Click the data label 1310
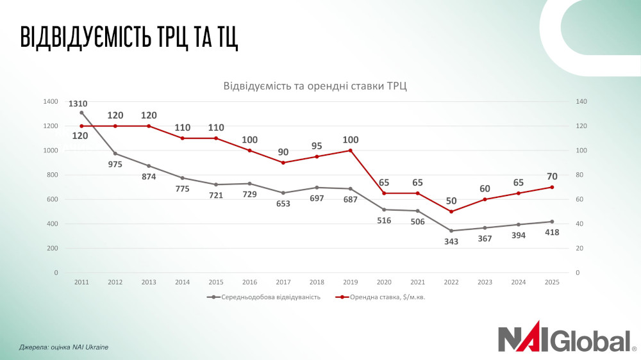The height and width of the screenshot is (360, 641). coord(79,103)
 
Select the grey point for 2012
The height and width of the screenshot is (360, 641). coord(115,154)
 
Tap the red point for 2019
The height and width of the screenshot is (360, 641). coord(350,151)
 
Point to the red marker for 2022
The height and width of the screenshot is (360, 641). coord(451,211)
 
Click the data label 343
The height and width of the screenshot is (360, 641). coord(451,241)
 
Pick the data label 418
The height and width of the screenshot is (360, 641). coord(552,233)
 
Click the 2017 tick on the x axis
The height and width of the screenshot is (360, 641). coord(283,282)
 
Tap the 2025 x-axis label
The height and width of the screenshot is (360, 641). coord(552,282)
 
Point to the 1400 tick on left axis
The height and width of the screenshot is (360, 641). coord(50,102)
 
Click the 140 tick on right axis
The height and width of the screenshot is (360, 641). coord(581,102)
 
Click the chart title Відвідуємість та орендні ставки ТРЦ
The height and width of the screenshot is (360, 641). coord(315,86)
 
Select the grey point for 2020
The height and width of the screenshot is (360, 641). coord(384,209)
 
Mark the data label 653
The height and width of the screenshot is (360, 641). coord(283,204)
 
